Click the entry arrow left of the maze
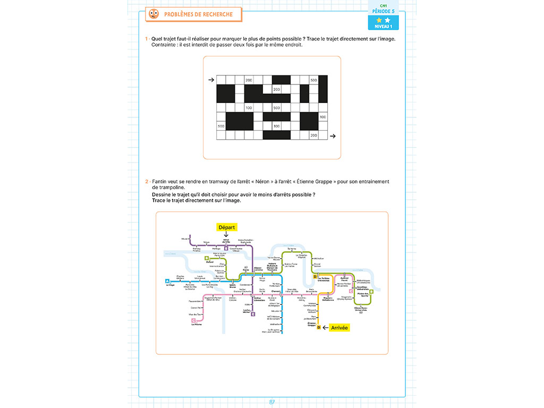(211, 80)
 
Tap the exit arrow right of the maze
(333, 136)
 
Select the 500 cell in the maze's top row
(313, 80)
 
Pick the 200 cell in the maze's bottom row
(313, 135)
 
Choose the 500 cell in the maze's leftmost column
(221, 126)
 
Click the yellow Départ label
(227, 227)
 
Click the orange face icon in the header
(154, 14)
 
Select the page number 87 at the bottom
(272, 402)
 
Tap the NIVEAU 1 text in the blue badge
(383, 26)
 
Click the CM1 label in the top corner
(383, 5)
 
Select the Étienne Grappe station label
(311, 324)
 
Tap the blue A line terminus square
(167, 281)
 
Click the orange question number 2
(147, 182)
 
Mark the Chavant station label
(276, 291)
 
